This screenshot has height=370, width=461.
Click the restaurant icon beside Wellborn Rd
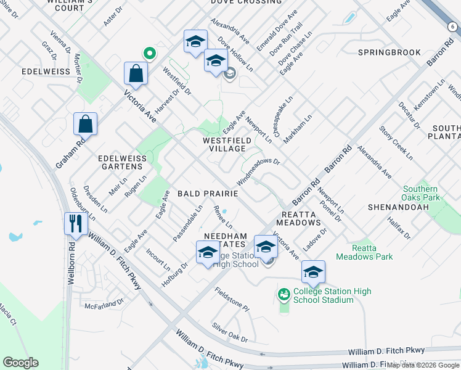click(x=76, y=223)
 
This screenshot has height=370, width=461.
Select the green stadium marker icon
click(x=284, y=295)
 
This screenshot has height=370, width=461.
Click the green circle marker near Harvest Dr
click(x=148, y=54)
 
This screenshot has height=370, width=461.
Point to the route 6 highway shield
click(x=452, y=27)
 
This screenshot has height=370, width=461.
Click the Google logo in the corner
click(x=20, y=362)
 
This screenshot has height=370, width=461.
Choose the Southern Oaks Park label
click(x=421, y=194)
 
